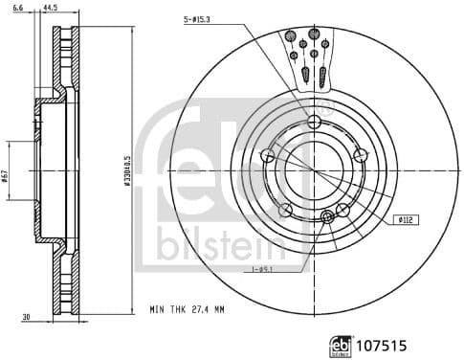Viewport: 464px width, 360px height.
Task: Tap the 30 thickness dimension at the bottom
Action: (x=27, y=317)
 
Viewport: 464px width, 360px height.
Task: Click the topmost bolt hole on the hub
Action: (x=315, y=121)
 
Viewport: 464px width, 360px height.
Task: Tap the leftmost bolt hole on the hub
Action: (x=269, y=155)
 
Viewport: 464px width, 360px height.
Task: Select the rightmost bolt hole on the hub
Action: (x=360, y=155)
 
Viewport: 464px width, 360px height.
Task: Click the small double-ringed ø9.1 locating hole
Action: (x=329, y=215)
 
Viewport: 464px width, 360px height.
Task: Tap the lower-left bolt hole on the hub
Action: (x=285, y=210)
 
